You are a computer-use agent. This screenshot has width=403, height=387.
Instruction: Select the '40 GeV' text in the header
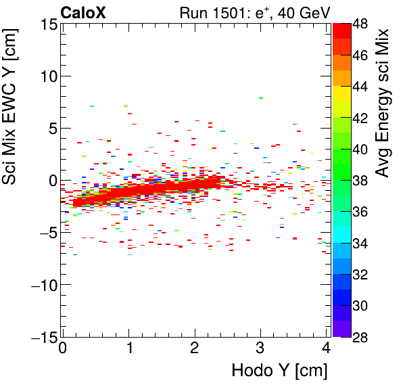coord(301,12)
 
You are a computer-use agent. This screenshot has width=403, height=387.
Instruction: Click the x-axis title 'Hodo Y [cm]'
coord(279,371)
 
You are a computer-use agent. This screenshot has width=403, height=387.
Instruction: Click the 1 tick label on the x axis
coord(128,349)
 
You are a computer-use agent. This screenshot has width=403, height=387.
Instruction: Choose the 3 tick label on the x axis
coord(261,349)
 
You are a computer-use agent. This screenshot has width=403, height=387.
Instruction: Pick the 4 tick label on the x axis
coord(327,349)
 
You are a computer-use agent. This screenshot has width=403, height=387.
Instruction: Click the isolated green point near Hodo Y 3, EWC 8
coord(260,98)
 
